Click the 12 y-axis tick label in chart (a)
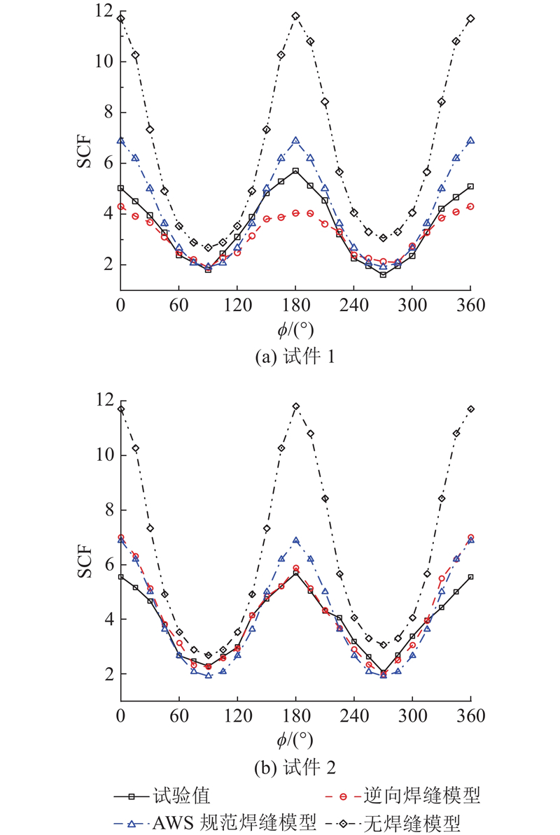(104, 10)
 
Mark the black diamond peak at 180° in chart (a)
(295, 15)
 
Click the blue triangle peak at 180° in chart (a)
(295, 141)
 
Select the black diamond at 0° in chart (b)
(121, 409)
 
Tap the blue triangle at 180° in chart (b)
(295, 541)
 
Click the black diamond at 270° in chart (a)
(383, 238)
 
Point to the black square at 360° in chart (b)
(470, 577)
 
